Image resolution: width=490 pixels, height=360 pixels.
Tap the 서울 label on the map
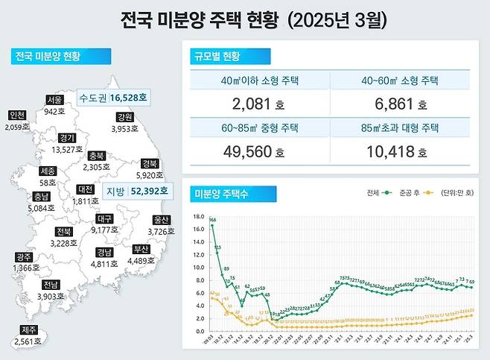(54, 99)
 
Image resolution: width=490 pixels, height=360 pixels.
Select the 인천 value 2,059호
(16, 127)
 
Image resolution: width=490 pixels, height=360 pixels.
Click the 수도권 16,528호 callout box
(113, 98)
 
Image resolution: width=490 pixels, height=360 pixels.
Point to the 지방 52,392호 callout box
(136, 192)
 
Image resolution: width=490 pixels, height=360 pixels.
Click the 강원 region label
(125, 117)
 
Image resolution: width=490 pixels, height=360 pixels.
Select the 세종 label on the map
(48, 170)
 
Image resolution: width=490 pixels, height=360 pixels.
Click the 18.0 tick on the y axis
(199, 216)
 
